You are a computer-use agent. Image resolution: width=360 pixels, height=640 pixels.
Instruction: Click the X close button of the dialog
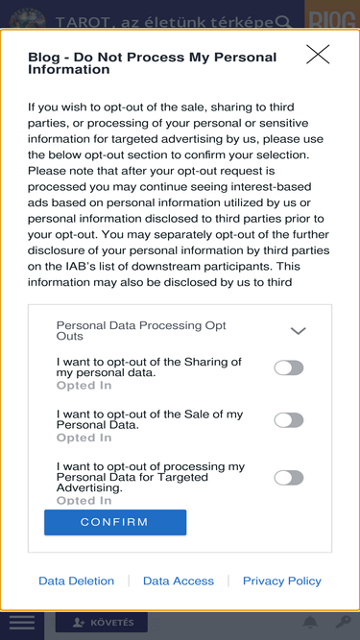(x=318, y=55)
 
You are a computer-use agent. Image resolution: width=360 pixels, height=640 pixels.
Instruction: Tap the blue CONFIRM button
(x=115, y=522)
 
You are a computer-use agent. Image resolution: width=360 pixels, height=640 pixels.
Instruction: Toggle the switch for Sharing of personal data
(x=289, y=367)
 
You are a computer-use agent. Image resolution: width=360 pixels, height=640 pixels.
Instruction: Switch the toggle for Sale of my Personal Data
(x=289, y=420)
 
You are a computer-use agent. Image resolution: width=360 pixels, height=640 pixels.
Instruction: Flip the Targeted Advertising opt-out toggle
(x=289, y=478)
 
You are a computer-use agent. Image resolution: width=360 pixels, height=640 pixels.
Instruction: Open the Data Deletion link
(x=77, y=581)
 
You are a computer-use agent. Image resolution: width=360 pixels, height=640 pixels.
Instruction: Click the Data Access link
(x=179, y=581)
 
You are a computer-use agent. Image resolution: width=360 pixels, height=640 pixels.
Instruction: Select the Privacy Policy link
(x=282, y=581)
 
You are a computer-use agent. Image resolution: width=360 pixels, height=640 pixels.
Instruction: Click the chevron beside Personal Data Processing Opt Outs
(x=298, y=331)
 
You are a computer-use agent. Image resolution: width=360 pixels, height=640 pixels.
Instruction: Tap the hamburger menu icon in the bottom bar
(x=22, y=623)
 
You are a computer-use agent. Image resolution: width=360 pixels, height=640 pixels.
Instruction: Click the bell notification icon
(x=310, y=623)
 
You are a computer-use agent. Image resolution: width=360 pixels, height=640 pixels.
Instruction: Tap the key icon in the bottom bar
(x=344, y=623)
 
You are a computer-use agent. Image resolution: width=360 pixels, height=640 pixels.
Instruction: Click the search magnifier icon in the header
(x=283, y=21)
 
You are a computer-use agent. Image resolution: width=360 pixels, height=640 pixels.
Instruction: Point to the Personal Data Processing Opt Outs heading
(x=141, y=331)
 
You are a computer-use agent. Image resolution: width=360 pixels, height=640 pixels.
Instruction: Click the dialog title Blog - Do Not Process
(x=153, y=63)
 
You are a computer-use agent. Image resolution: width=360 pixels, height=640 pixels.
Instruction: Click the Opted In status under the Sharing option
(x=84, y=386)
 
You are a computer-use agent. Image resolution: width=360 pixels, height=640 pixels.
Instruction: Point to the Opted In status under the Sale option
(x=84, y=438)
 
